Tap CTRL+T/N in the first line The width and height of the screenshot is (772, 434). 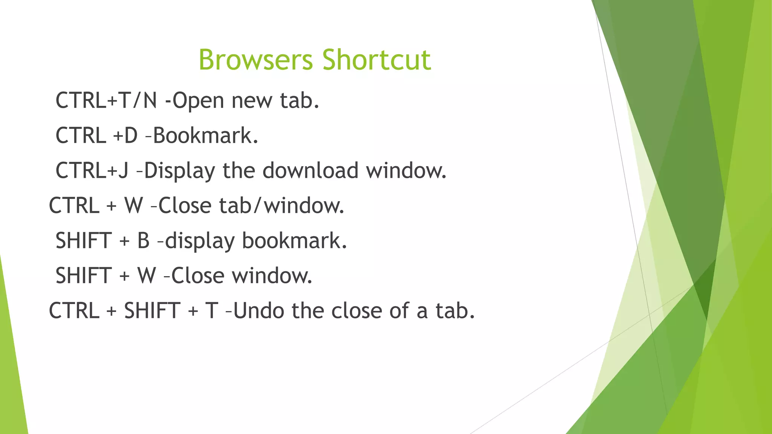pyautogui.click(x=106, y=101)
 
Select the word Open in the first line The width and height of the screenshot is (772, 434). pyautogui.click(x=198, y=101)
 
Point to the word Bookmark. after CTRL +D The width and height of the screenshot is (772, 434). pyautogui.click(x=205, y=136)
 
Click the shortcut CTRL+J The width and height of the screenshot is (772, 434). pyautogui.click(x=92, y=170)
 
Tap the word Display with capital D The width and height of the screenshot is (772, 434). pyautogui.click(x=179, y=171)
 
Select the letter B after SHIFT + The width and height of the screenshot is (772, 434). pyautogui.click(x=144, y=241)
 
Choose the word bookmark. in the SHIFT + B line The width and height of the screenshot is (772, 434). pyautogui.click(x=294, y=241)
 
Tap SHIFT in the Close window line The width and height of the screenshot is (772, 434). pyautogui.click(x=83, y=276)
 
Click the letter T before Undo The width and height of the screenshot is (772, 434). pyautogui.click(x=211, y=311)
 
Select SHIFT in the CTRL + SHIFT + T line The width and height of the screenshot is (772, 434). pyautogui.click(x=152, y=311)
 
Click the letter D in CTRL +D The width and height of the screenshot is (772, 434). pyautogui.click(x=130, y=136)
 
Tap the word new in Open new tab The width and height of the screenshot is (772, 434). pyautogui.click(x=251, y=101)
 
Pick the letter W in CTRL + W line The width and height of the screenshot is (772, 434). pyautogui.click(x=134, y=206)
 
